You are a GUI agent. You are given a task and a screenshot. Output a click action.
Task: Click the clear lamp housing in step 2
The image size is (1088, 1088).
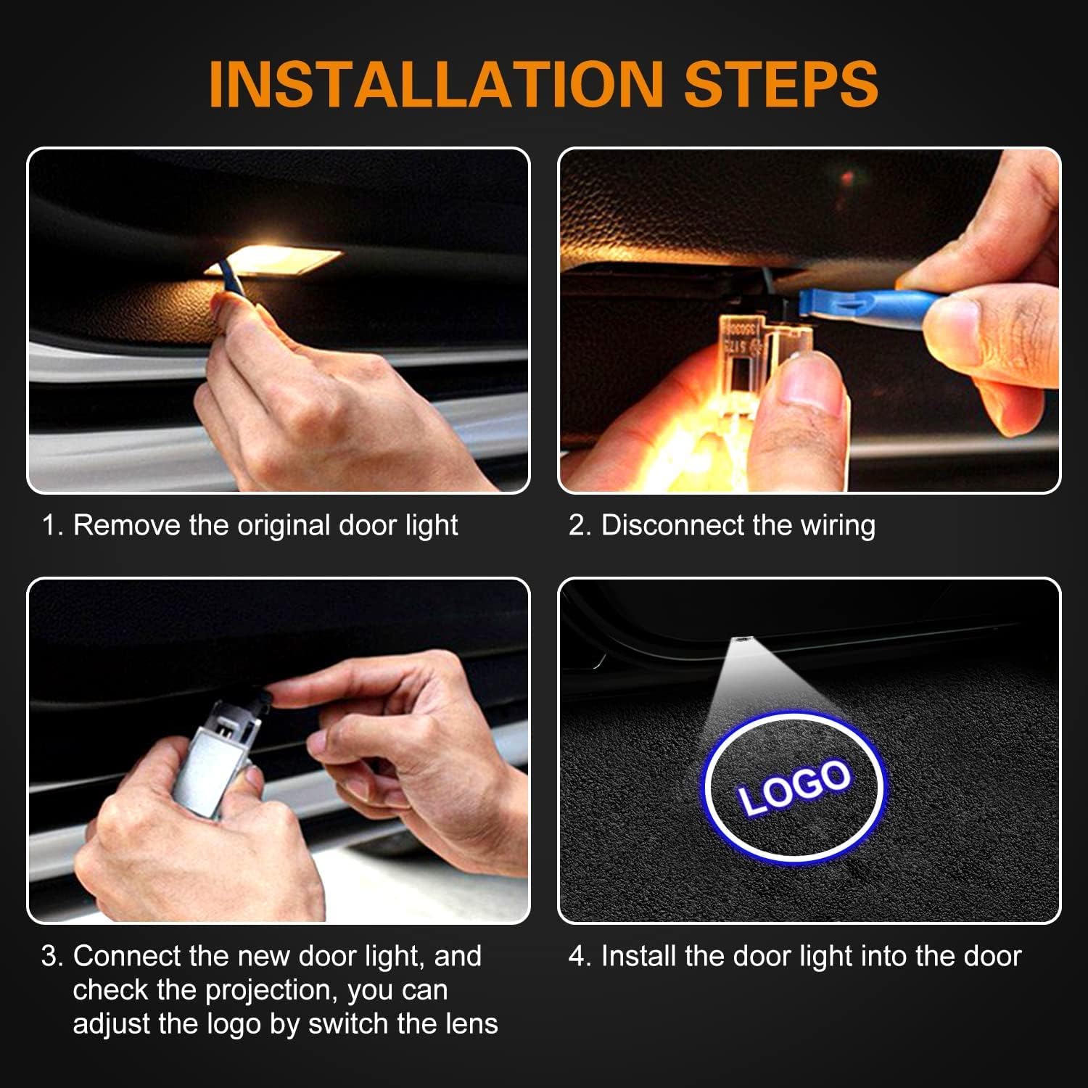coord(754,348)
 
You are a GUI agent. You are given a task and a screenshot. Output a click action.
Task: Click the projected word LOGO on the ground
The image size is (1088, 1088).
coord(794,787)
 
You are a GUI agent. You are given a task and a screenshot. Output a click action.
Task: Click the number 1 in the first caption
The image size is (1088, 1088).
coord(49,525)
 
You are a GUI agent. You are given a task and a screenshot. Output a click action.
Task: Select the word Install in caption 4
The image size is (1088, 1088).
coord(639,956)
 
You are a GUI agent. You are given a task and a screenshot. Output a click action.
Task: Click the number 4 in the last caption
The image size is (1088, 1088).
coord(577,956)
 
